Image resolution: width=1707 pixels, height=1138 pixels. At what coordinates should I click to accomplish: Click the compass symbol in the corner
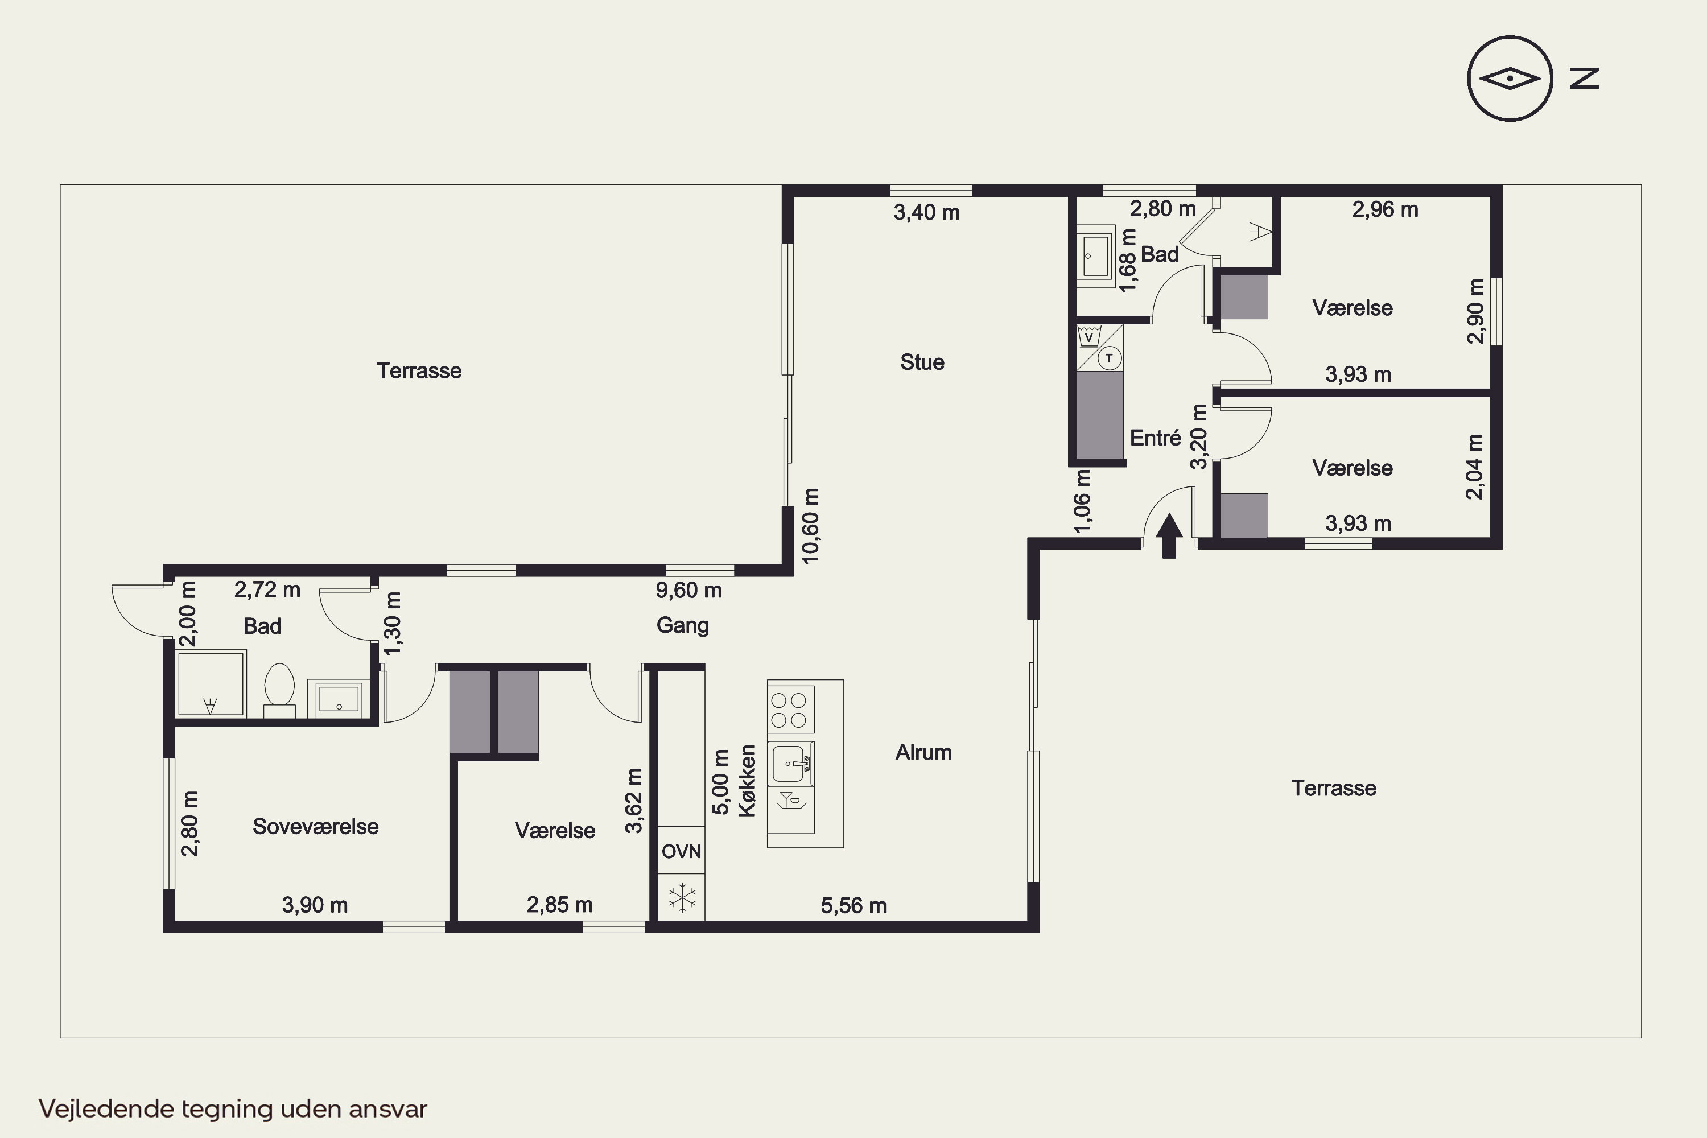pyautogui.click(x=1510, y=79)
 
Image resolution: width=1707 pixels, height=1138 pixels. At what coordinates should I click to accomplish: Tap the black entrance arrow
pyautogui.click(x=1169, y=535)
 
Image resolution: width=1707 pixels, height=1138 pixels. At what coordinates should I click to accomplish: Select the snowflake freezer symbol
pyautogui.click(x=682, y=898)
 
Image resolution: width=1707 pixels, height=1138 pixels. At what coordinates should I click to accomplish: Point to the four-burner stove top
pyautogui.click(x=790, y=710)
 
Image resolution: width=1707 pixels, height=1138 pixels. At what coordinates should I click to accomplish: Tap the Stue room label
pyautogui.click(x=922, y=362)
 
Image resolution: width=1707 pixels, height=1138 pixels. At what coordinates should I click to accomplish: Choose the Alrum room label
pyautogui.click(x=923, y=752)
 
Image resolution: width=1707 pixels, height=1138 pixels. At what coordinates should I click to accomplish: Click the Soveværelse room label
pyautogui.click(x=316, y=826)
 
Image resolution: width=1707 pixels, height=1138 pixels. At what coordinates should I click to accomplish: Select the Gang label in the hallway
pyautogui.click(x=683, y=625)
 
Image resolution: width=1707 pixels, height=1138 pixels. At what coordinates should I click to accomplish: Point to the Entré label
pyautogui.click(x=1156, y=438)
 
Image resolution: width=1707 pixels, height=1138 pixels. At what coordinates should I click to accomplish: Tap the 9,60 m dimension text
pyautogui.click(x=688, y=590)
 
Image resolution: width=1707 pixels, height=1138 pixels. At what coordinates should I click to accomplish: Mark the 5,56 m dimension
pyautogui.click(x=853, y=905)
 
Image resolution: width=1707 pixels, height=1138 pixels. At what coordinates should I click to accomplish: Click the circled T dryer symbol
pyautogui.click(x=1109, y=358)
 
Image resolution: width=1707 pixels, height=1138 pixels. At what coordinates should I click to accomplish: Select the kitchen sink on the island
pyautogui.click(x=790, y=764)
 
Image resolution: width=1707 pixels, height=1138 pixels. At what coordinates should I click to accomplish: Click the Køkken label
pyautogui.click(x=748, y=781)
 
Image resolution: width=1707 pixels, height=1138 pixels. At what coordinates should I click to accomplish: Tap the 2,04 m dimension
pyautogui.click(x=1474, y=467)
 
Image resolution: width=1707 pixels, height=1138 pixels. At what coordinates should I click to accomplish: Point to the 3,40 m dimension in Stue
pyautogui.click(x=926, y=213)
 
